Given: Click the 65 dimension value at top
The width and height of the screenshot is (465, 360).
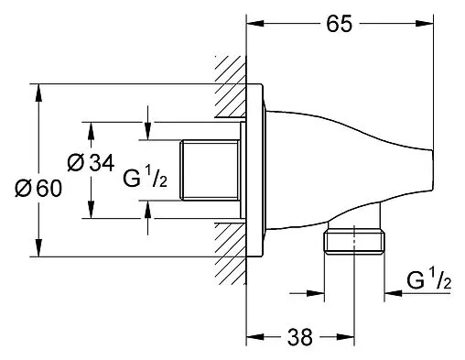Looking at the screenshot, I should (338, 25).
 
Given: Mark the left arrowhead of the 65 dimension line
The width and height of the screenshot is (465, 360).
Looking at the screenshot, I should (255, 16).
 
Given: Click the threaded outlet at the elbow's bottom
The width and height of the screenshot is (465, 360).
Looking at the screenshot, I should (355, 247).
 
